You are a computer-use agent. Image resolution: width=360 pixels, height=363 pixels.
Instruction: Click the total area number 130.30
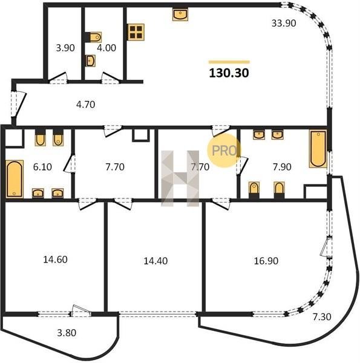point(229,73)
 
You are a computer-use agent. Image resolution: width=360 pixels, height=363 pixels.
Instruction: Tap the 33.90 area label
point(284,24)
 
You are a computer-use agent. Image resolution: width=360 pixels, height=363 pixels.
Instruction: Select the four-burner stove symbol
point(136,32)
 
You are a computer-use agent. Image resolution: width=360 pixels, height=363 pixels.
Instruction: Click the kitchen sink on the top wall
point(180,15)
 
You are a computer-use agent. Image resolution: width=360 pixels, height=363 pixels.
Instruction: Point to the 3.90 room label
point(65,48)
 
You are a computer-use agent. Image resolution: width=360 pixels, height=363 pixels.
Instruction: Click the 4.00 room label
point(106,48)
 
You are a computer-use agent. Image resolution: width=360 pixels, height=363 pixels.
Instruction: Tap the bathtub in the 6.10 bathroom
point(15,179)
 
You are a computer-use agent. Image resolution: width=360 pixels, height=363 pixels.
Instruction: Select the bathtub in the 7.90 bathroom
point(318,149)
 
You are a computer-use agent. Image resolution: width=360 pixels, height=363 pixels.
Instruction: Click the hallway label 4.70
point(86,105)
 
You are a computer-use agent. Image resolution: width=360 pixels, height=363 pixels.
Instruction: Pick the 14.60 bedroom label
point(55,260)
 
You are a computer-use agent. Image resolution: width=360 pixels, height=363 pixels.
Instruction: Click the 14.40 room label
point(155,261)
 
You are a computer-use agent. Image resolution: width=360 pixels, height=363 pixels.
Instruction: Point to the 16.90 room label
point(266,261)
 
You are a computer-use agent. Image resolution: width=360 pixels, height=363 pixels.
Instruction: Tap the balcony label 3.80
point(67,333)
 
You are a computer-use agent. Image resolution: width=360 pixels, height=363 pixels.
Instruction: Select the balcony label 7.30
point(322,316)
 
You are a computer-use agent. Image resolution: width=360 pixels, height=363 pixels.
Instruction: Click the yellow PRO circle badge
point(224,151)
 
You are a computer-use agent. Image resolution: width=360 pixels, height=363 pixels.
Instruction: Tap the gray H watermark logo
point(180,178)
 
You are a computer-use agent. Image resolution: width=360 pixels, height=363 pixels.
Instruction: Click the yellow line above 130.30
point(229,62)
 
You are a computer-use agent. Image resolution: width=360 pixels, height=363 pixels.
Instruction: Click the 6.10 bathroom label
point(42,167)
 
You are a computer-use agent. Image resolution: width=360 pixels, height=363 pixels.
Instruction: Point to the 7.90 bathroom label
point(282,167)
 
